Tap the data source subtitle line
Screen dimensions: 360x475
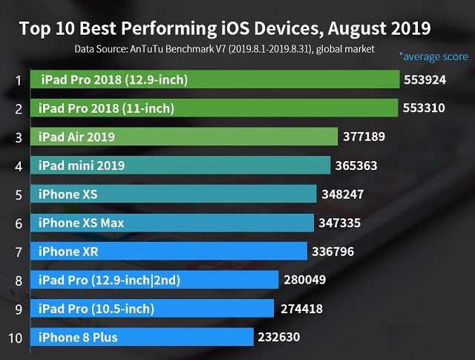pyautogui.click(x=224, y=49)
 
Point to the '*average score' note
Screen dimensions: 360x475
pyautogui.click(x=433, y=56)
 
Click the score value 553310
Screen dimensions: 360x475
pyautogui.click(x=424, y=108)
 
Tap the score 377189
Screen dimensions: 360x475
pyautogui.click(x=364, y=137)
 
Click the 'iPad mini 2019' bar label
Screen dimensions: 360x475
pyautogui.click(x=81, y=165)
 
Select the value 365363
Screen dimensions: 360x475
pyautogui.click(x=355, y=165)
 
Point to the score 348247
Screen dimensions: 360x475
pyautogui.click(x=342, y=194)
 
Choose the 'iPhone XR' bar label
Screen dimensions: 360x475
pyautogui.click(x=68, y=252)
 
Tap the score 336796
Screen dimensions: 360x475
pyautogui.click(x=332, y=252)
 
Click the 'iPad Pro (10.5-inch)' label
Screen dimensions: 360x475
pyautogui.click(x=96, y=309)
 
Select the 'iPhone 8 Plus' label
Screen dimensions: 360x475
pyautogui.click(x=78, y=338)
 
